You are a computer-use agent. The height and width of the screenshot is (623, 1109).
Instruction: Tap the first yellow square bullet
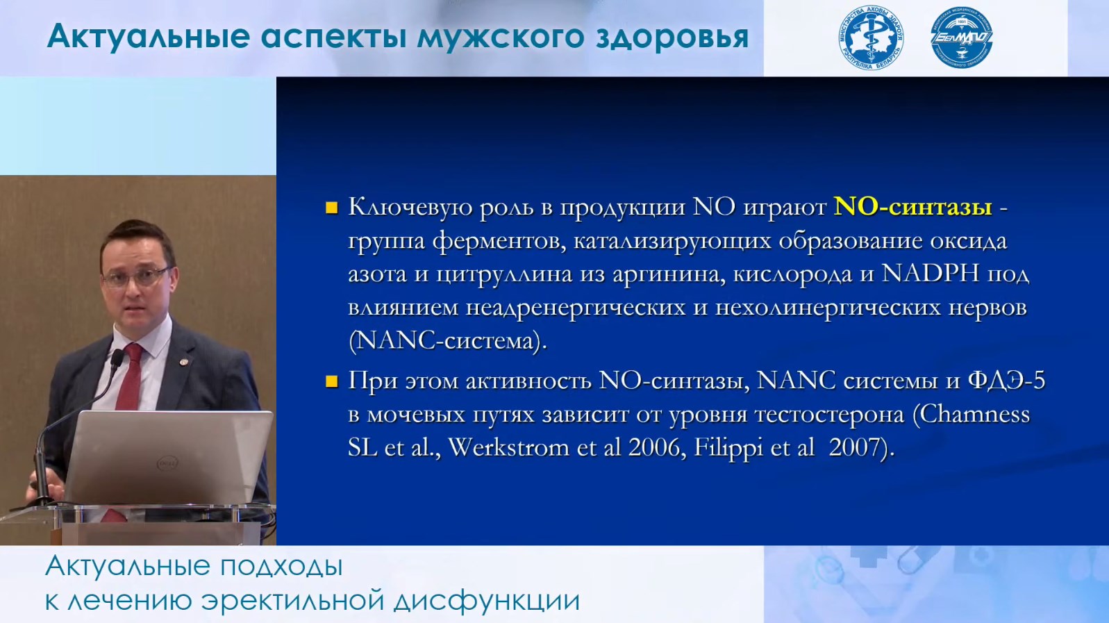[332, 208]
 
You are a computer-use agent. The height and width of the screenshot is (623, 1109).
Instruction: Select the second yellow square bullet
[332, 381]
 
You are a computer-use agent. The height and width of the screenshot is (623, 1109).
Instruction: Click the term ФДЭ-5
[1006, 381]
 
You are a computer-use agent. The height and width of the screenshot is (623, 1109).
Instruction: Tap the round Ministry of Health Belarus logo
[871, 38]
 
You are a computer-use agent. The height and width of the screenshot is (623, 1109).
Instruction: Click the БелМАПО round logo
[962, 38]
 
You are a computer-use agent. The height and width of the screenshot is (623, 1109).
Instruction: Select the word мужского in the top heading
[501, 38]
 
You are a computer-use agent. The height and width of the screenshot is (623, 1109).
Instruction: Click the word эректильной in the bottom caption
[292, 601]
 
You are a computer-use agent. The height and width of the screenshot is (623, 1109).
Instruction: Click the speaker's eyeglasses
[135, 276]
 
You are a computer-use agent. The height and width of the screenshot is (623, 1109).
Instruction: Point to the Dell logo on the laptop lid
[167, 463]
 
